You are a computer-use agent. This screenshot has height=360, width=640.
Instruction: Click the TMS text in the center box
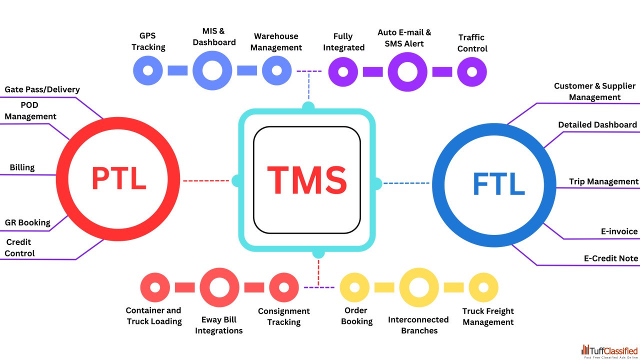[306, 180]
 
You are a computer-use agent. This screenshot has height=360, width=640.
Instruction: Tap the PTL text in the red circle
[118, 178]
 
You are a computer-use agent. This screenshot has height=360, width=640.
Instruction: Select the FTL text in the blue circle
[498, 184]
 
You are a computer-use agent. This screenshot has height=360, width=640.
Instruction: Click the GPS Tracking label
[148, 41]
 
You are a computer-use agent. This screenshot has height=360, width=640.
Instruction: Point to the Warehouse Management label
[276, 42]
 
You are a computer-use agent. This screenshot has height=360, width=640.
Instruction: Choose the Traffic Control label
[472, 43]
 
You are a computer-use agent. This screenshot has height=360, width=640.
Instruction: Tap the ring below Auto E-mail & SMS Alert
[407, 71]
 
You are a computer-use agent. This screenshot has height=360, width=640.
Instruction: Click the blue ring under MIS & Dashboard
[212, 71]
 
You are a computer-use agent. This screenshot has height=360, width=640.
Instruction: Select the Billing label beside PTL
[22, 167]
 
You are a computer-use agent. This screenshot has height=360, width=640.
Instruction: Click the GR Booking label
[27, 222]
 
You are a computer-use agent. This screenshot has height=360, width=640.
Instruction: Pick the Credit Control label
[20, 248]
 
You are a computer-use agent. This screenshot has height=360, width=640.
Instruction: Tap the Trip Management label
[603, 181]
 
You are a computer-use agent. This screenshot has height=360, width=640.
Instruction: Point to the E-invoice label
[619, 231]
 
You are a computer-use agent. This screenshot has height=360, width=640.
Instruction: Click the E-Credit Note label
[611, 258]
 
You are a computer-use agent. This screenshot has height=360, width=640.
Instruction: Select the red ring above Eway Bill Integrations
[219, 287]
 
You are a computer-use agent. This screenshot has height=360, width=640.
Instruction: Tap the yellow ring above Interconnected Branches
[419, 287]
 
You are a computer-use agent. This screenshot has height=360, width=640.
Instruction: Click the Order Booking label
[356, 316]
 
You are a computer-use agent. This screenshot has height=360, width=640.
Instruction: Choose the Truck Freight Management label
[488, 317]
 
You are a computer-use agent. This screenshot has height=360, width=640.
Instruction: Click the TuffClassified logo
[609, 351]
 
